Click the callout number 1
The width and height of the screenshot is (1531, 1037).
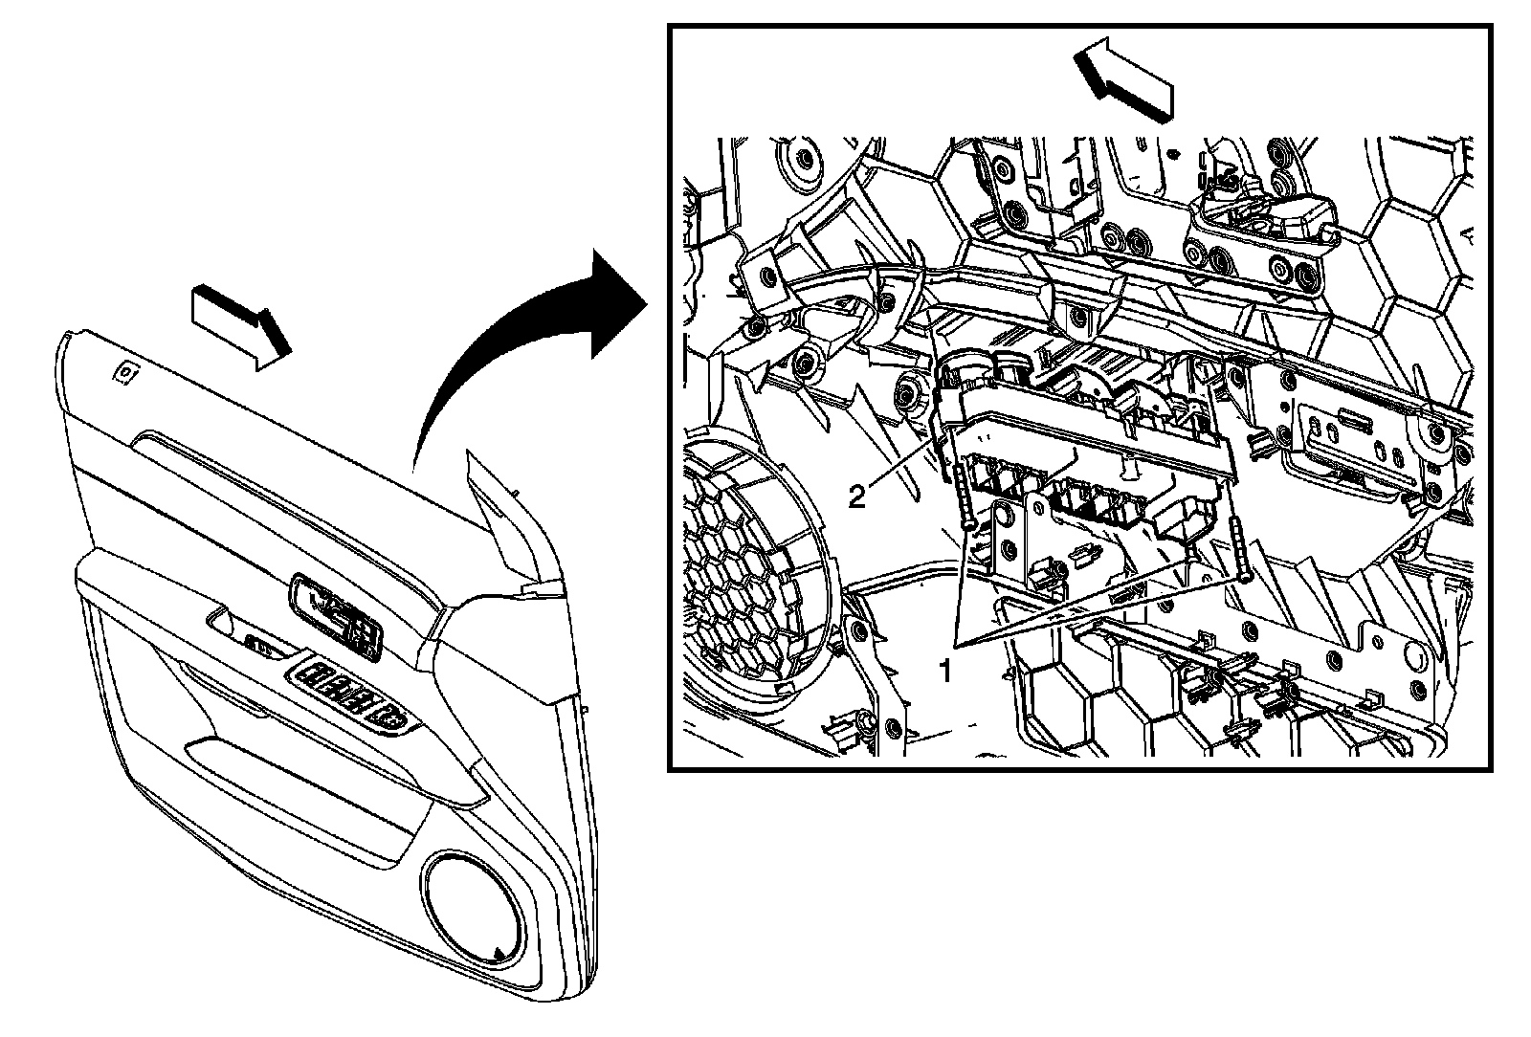945,671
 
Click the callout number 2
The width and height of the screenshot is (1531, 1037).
858,495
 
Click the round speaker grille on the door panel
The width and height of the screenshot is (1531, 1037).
473,912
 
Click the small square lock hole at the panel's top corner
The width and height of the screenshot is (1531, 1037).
123,371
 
